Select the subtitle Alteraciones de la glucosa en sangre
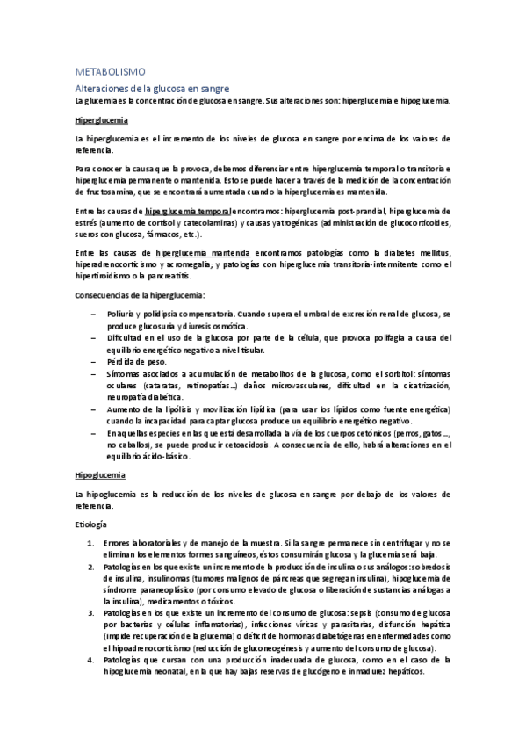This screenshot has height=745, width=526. point(152,88)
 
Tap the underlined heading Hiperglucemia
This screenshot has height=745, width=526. point(101,119)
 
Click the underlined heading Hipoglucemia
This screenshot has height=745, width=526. point(100,474)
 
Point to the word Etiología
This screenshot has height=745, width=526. point(91,524)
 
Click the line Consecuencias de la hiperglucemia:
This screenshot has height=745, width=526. point(140,294)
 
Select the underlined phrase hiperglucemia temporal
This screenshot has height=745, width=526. point(188,212)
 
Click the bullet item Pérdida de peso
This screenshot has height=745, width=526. point(133,362)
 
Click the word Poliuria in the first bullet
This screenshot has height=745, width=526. point(122,313)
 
